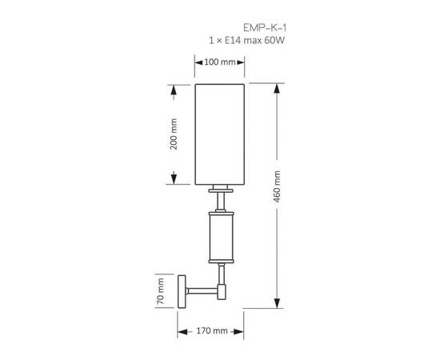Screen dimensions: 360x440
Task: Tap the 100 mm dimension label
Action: pos(219,62)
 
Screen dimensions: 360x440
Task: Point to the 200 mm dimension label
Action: pos(174,133)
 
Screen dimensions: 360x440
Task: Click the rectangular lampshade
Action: pos(219,133)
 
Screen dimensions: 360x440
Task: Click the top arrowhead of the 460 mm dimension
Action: pos(277,86)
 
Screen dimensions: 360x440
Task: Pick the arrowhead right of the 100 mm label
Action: pos(240,62)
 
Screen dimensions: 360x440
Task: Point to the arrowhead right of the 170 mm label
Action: pos(242,330)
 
